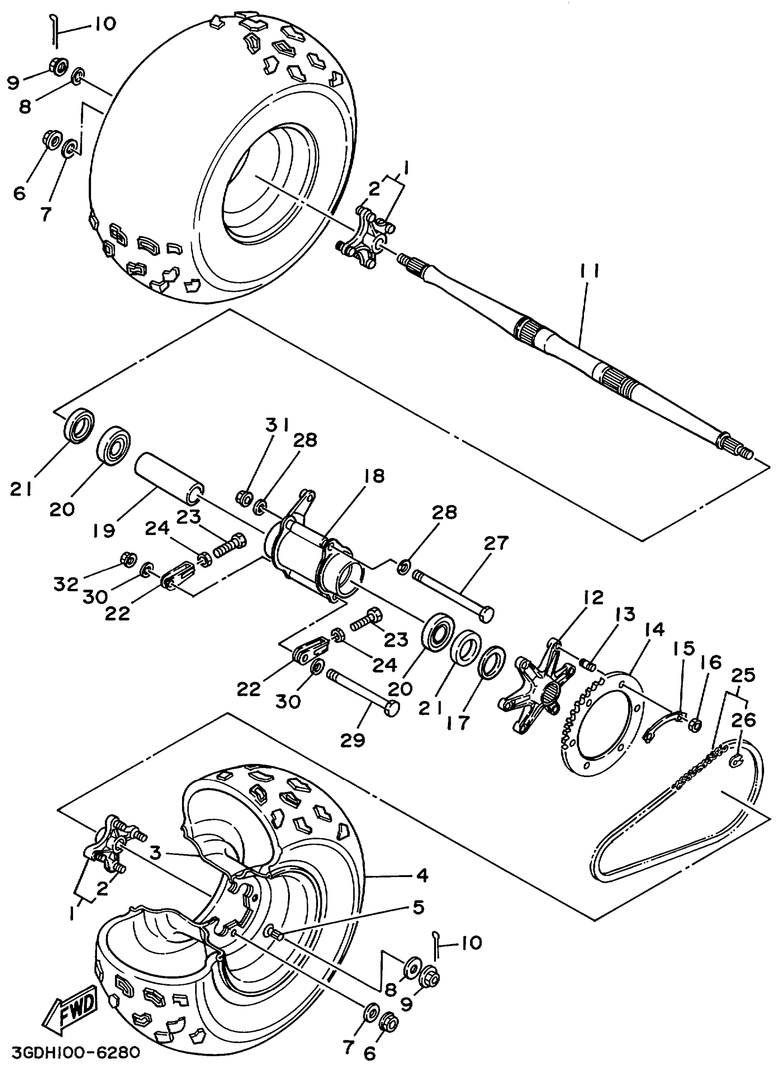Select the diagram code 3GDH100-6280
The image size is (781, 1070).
click(x=76, y=1053)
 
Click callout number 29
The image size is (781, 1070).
click(x=353, y=740)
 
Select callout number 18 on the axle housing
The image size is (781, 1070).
click(x=374, y=476)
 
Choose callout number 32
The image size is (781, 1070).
click(x=65, y=584)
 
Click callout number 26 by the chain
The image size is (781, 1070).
click(x=743, y=720)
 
